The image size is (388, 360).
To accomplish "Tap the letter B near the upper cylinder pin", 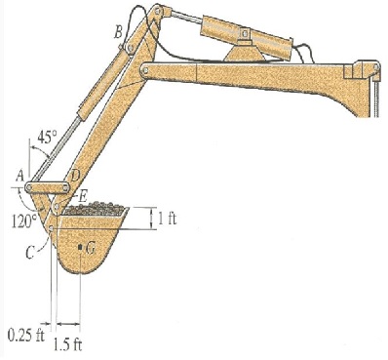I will pyautogui.click(x=118, y=33).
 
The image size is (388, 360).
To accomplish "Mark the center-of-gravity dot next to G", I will pyautogui.click(x=80, y=248).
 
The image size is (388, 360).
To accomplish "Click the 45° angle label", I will pyautogui.click(x=47, y=138).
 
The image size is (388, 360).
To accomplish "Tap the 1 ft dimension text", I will pyautogui.click(x=168, y=217).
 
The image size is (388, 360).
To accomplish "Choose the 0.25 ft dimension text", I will pyautogui.click(x=22, y=336).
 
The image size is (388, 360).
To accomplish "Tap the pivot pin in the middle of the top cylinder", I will pyautogui.click(x=246, y=36).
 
